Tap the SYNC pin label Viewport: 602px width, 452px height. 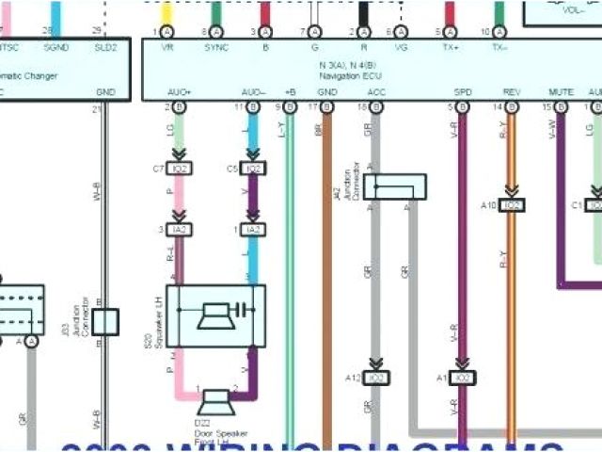coord(215,46)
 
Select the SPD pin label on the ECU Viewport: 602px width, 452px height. coord(463,92)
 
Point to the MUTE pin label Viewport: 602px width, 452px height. coord(561,92)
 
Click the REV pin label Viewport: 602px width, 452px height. coord(512,92)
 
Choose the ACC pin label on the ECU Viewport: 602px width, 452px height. coord(376,92)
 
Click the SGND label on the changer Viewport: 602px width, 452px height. coord(55,46)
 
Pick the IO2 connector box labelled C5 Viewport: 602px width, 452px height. coord(252,169)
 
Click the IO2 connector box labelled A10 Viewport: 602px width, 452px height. coord(512,204)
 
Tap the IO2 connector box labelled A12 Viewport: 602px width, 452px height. coord(376,378)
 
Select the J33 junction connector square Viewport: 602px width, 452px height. coord(104,321)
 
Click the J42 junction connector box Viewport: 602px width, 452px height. coord(395,186)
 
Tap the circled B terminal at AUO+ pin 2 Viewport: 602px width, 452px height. coord(179,108)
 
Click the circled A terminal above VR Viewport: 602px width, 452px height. coord(167,32)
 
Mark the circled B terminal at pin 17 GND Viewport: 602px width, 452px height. coord(326,108)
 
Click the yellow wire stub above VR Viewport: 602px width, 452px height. coord(167,12)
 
